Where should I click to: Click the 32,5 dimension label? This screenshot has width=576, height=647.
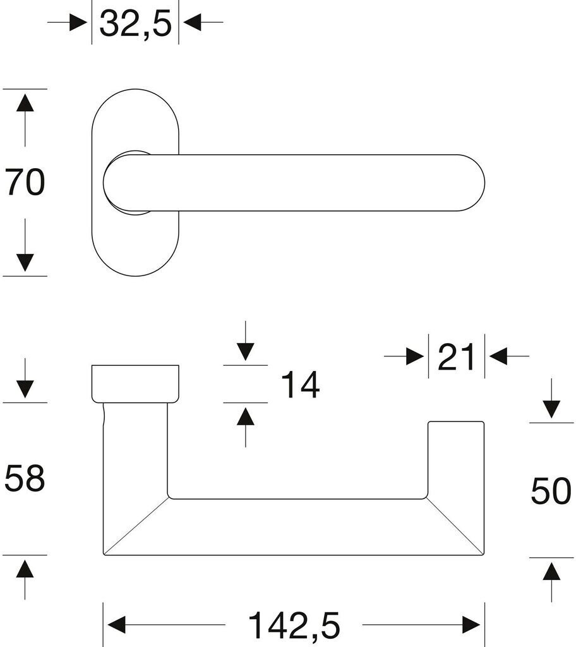click(135, 24)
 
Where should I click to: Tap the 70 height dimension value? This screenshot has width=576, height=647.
click(25, 183)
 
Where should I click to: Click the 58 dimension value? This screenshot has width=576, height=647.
click(25, 478)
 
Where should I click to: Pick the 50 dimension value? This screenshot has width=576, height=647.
click(551, 491)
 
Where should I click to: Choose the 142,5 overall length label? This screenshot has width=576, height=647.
click(294, 626)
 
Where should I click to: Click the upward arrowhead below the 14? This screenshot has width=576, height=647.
click(245, 417)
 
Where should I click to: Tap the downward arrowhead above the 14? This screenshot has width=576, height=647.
click(245, 351)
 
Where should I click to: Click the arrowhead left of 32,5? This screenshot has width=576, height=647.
click(78, 23)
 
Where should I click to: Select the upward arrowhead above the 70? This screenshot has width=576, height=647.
click(25, 103)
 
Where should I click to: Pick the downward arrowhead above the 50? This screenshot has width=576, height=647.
click(551, 409)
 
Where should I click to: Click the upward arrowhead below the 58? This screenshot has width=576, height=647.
click(25, 571)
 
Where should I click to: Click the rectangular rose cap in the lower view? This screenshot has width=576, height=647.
click(135, 383)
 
